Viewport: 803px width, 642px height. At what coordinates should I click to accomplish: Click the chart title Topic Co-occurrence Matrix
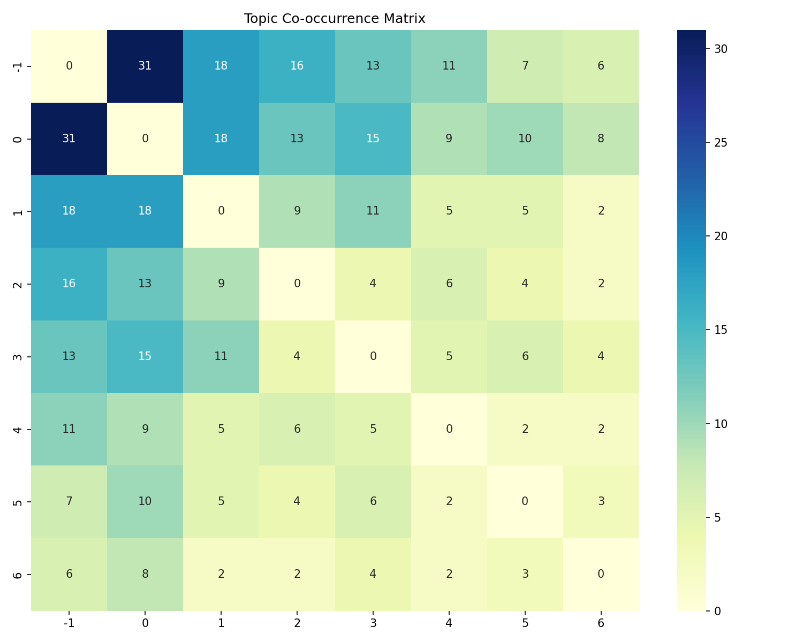click(x=335, y=19)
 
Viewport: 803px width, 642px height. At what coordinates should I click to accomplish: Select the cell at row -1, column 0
click(x=145, y=66)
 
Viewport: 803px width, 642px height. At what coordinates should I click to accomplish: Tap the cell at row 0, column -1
click(x=69, y=139)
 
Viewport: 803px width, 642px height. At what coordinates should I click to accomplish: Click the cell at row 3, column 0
click(x=145, y=356)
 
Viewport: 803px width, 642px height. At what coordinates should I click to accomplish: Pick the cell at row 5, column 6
click(x=601, y=501)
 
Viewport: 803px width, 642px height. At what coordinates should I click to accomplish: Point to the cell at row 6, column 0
click(x=145, y=574)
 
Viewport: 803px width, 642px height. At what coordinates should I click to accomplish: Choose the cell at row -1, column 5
click(x=525, y=66)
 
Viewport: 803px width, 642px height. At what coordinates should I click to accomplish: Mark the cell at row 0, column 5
click(x=525, y=139)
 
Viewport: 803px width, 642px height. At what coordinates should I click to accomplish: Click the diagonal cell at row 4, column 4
click(x=449, y=429)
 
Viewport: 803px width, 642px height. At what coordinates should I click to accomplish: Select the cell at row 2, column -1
click(x=69, y=284)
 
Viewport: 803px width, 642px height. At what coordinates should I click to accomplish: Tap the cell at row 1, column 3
click(x=373, y=211)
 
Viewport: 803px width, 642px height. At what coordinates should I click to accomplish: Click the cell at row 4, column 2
click(x=297, y=429)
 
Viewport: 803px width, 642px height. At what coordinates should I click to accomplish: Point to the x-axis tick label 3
click(x=373, y=623)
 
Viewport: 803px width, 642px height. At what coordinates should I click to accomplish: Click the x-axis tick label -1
click(x=69, y=623)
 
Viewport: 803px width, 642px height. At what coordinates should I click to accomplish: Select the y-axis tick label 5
click(x=18, y=502)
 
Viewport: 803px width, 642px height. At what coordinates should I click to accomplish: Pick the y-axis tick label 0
click(x=18, y=139)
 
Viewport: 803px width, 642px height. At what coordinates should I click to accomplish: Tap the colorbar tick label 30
click(x=721, y=49)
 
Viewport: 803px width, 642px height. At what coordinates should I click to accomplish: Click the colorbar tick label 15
click(x=721, y=330)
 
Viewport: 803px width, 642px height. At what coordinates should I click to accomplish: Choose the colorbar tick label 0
click(x=717, y=610)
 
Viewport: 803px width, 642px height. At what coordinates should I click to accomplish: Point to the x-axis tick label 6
click(x=601, y=623)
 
